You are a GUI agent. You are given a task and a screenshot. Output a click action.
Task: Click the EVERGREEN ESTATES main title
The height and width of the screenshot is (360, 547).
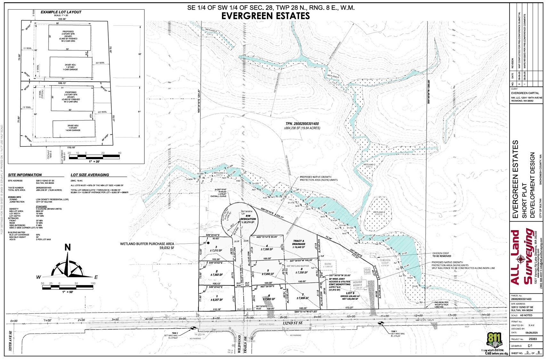[x=265, y=16]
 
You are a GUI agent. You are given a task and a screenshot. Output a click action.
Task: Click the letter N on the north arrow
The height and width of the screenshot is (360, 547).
[x=68, y=247]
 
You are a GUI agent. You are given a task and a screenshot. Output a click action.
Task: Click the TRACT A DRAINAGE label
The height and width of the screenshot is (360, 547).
[x=299, y=244]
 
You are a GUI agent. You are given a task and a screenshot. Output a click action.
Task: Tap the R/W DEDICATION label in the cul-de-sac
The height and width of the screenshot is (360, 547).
[x=248, y=220]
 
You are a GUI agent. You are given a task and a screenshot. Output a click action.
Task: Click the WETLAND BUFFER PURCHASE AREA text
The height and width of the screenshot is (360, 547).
[x=147, y=245]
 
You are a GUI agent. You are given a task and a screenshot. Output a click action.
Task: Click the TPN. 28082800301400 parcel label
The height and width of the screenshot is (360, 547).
[x=302, y=124]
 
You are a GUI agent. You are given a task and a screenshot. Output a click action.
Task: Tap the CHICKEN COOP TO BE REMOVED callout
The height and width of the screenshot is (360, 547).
[x=441, y=254]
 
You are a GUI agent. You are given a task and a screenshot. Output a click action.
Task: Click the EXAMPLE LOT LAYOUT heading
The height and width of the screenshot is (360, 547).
[x=61, y=12]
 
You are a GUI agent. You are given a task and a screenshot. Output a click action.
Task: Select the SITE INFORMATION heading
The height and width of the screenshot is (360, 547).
[x=25, y=175]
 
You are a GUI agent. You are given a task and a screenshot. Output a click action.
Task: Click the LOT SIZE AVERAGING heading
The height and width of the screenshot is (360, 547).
[x=90, y=175]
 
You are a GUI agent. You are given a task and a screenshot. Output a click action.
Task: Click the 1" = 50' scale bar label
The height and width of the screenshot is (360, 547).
[x=68, y=292]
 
